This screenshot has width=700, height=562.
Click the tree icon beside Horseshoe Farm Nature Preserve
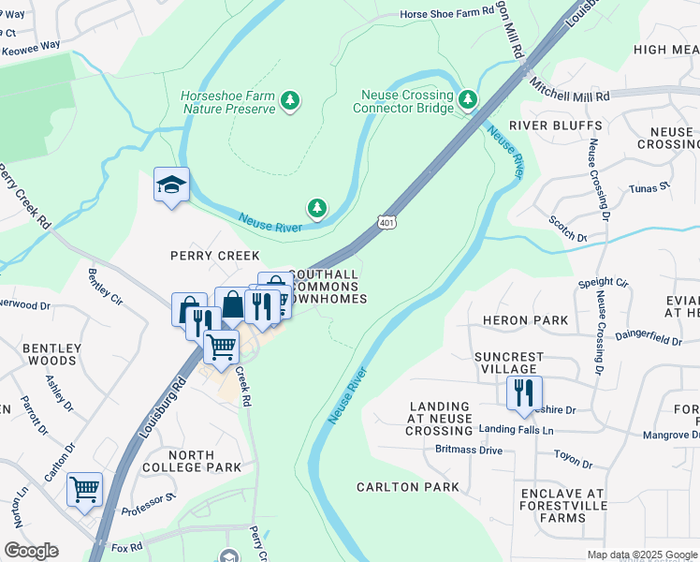tap(290, 100)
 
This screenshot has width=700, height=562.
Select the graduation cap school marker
tap(172, 185)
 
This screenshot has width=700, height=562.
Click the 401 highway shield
tap(386, 222)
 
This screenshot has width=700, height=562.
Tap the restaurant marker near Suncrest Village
tap(524, 392)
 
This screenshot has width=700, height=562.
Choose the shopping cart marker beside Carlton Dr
tap(85, 489)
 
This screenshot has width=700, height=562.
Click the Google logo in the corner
tap(31, 551)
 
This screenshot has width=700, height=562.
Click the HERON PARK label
tap(525, 320)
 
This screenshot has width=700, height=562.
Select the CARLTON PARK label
tap(408, 487)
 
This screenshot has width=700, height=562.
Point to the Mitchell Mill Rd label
tap(569, 91)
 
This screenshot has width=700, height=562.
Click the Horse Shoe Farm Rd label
tap(445, 14)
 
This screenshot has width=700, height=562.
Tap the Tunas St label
tap(650, 187)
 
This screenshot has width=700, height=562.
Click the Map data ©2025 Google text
tap(642, 555)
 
